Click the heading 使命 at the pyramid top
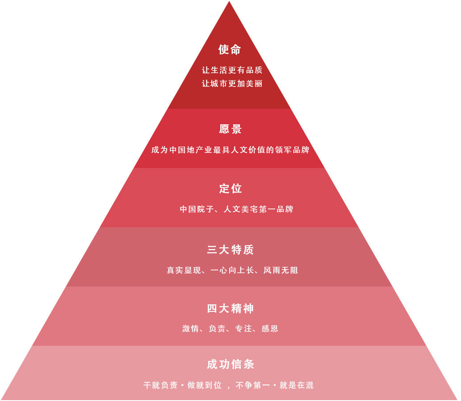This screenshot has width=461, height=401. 230,49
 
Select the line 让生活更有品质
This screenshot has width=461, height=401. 232,70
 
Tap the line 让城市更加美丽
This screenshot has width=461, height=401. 232,84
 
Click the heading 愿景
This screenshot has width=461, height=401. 230,129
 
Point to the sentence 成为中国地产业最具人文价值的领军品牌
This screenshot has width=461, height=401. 230,150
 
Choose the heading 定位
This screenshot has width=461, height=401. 230,188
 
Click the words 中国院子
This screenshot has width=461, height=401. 197,209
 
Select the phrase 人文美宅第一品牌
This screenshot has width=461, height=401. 259,209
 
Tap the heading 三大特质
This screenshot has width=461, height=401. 230,250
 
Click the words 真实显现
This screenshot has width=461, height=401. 184,270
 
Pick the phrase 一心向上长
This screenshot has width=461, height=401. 232,270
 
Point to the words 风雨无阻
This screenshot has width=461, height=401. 281,270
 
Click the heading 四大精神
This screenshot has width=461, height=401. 230,308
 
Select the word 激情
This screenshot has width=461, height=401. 190,328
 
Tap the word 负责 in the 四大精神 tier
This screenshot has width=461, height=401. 217,328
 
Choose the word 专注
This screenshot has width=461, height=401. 243,328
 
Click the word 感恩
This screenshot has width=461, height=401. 270,328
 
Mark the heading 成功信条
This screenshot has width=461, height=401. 230,364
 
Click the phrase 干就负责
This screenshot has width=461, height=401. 161,385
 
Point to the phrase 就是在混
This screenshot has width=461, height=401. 296,385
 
